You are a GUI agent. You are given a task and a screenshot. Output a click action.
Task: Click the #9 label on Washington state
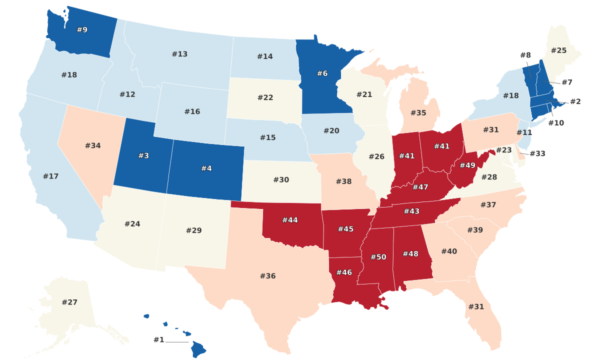pos(82,30)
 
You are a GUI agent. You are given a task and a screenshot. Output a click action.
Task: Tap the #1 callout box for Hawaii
pos(159,340)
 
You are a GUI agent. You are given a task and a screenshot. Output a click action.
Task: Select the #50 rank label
pos(378,257)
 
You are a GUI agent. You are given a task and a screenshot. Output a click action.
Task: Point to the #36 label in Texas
pos(268,276)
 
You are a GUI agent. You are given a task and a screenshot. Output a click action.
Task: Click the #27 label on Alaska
pos(69,302)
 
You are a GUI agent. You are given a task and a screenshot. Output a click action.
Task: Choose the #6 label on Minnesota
pos(322,73)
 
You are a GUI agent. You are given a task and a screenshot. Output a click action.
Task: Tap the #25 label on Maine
pos(559,50)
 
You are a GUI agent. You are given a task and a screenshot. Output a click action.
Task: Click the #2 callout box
pos(575,102)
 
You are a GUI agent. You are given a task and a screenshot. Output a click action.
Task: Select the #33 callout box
pos(537,153)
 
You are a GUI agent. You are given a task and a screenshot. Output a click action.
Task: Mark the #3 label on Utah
pos(143,156)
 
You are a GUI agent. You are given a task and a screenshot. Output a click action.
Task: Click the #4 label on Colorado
pos(206,168)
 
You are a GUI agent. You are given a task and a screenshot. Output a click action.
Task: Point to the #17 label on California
pos(51,176)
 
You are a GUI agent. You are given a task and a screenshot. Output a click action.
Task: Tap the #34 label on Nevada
pos(93,146)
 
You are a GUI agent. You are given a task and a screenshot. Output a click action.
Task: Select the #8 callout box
pos(525,55)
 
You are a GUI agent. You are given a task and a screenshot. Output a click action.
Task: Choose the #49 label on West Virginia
pos(467,165)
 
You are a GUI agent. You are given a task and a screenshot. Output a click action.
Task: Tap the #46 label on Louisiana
pos(344,272)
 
